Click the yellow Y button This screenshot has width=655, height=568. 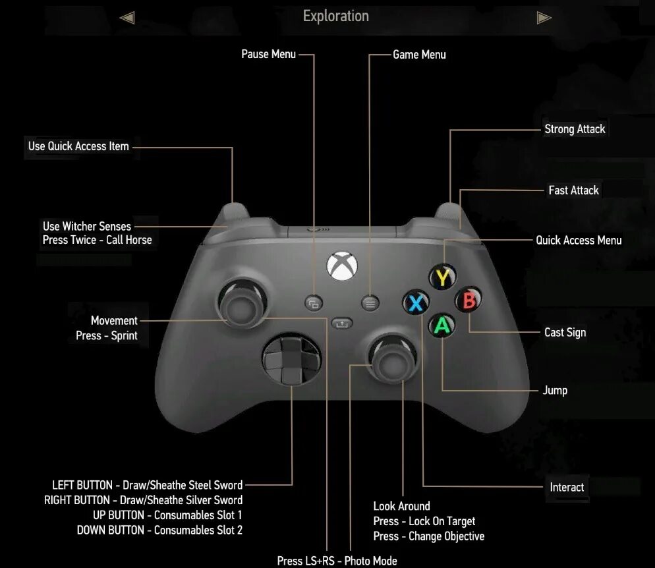443,277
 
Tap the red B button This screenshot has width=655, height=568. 469,300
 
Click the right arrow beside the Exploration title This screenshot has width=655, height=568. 544,18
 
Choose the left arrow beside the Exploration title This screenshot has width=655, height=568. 127,18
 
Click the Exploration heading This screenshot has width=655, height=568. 335,16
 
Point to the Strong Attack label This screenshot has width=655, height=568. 575,129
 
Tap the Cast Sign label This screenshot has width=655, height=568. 565,333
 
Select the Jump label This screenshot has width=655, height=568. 555,390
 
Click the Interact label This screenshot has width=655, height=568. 567,488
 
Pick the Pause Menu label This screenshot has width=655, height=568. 268,54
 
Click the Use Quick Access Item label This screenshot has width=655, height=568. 78,146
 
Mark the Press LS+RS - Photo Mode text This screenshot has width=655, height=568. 337,561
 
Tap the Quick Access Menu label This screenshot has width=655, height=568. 579,240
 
